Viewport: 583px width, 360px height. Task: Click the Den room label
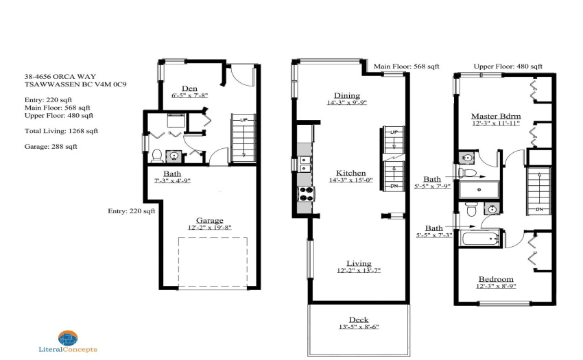click(189, 88)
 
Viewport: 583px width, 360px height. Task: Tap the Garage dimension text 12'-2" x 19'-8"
click(210, 228)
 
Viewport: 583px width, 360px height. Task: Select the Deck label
click(359, 320)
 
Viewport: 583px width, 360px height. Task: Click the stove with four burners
click(307, 193)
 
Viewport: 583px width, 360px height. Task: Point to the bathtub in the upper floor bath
click(480, 238)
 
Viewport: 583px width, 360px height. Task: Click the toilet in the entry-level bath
click(156, 156)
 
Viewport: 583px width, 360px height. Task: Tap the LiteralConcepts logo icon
click(68, 338)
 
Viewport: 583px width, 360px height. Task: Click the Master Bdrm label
click(496, 116)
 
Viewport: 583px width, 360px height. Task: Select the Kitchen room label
click(351, 173)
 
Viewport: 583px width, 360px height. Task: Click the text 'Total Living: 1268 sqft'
click(61, 131)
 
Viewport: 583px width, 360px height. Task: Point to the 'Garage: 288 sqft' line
click(51, 147)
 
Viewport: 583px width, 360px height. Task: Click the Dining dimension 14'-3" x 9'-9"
click(347, 103)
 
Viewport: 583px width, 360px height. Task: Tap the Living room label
click(359, 264)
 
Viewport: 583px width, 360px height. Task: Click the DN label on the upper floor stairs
click(539, 209)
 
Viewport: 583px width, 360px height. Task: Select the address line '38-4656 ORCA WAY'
click(60, 77)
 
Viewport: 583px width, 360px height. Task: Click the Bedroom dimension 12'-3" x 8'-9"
click(496, 287)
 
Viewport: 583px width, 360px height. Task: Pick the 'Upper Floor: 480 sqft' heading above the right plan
click(508, 67)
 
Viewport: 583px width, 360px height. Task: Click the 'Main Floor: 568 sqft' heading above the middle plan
click(407, 67)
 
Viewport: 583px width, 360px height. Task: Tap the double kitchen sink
click(305, 164)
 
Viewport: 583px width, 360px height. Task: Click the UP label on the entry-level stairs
click(244, 120)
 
